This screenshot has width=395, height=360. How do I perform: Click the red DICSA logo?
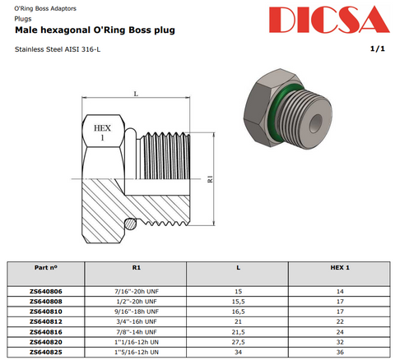coord(329,19)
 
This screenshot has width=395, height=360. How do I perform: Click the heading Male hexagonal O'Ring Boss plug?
coord(95,30)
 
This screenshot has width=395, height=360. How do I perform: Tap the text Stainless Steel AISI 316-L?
coord(58,49)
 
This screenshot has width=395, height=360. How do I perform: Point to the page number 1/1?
coord(378,48)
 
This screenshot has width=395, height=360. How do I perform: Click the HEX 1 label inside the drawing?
coord(102,132)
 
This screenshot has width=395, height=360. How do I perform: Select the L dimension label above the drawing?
coord(136,94)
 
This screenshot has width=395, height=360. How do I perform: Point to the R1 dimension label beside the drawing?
coord(210,179)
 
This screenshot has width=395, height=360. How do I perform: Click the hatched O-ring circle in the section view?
coord(130,224)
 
